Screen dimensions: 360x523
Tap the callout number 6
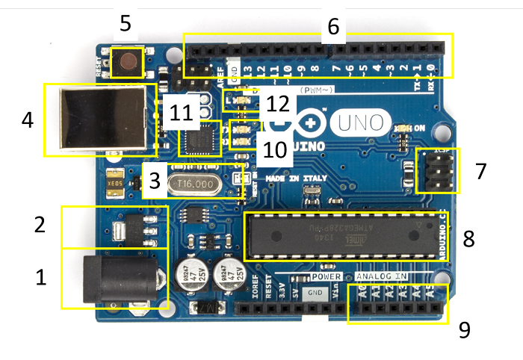(x=333, y=27)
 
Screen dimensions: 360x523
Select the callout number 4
(x=28, y=120)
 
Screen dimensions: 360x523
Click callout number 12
(x=277, y=103)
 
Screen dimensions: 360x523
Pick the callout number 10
(x=275, y=149)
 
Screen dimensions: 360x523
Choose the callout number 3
(x=154, y=180)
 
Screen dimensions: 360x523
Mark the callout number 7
(x=480, y=171)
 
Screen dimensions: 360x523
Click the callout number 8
(x=468, y=238)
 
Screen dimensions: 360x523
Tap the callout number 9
(x=465, y=329)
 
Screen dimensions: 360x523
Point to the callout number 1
(x=42, y=278)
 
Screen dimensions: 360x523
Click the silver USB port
(x=97, y=120)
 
